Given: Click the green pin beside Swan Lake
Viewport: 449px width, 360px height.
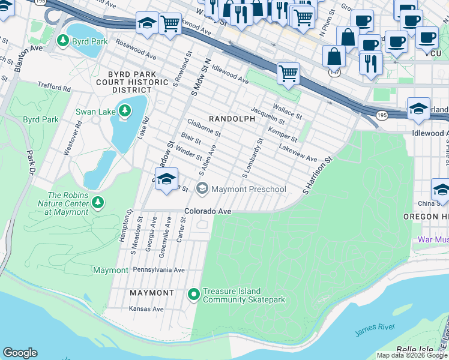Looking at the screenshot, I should [124, 110].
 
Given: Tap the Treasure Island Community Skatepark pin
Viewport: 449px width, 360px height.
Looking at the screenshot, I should [193, 294].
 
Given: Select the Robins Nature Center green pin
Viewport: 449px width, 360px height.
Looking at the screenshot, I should [97, 203].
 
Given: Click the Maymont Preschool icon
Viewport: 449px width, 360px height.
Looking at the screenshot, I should [202, 189].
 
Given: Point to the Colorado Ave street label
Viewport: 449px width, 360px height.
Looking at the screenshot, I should [208, 211].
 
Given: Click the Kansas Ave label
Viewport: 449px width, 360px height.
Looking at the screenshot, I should [146, 309].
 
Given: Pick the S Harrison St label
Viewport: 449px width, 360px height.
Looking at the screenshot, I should [318, 176].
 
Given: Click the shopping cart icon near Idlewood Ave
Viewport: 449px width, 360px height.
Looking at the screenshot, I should [289, 74].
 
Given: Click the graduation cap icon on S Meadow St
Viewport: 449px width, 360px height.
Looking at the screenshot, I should [166, 179].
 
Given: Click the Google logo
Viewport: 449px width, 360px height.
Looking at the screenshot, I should [20, 353].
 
